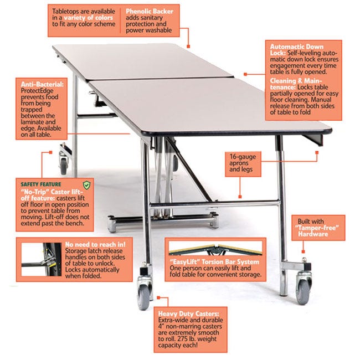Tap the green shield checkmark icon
click(x=85, y=183)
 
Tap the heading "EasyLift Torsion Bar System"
click(x=214, y=260)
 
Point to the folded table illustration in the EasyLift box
click(x=214, y=248)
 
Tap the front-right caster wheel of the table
click(x=304, y=287)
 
